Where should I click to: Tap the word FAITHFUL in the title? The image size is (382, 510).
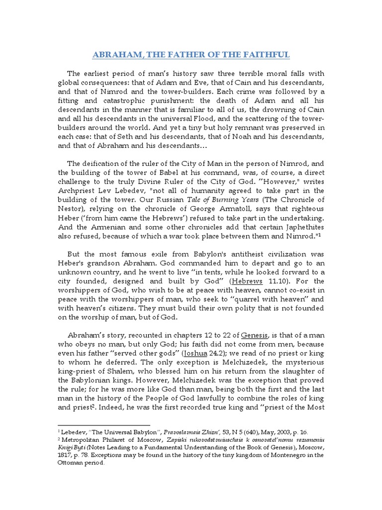click(266, 54)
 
